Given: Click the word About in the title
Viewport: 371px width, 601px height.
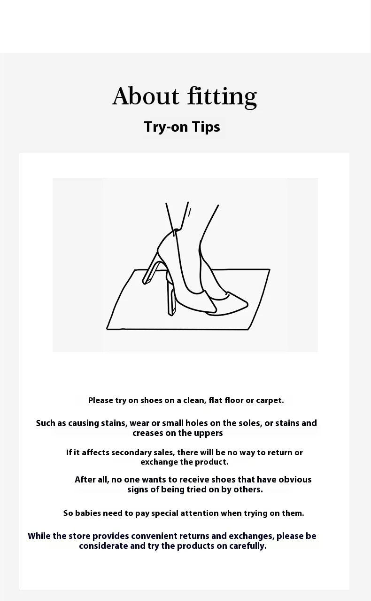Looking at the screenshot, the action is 146,96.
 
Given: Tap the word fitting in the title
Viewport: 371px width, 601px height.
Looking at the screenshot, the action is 222,97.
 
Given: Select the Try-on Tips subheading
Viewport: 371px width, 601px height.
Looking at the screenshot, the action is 182,127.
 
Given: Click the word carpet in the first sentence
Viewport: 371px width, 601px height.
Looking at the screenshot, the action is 270,401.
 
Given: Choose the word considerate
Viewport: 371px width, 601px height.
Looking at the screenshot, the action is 103,546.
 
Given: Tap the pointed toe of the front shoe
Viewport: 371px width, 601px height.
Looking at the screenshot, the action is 246,304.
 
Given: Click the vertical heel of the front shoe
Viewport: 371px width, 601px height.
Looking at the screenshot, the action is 171,296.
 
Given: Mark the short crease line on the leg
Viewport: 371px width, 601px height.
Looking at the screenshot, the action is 189,213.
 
